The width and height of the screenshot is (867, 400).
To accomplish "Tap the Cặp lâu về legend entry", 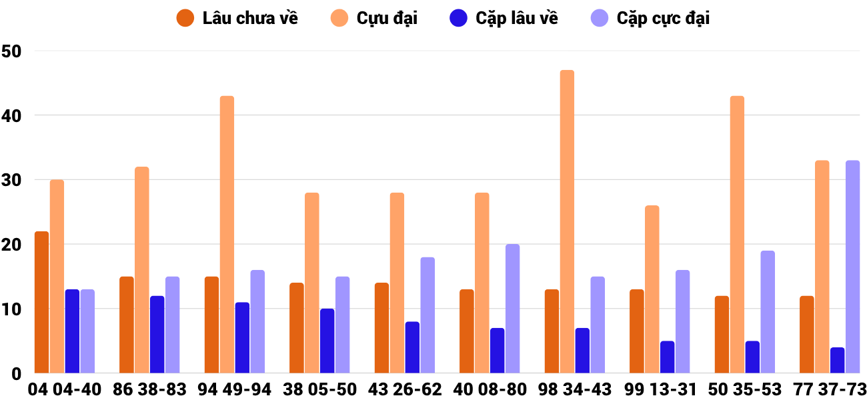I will (504, 18).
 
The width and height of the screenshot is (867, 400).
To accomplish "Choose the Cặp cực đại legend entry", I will (650, 18).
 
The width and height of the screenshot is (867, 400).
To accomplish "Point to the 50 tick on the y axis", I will (12, 51).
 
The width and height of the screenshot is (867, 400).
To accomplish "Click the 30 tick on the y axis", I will (12, 180).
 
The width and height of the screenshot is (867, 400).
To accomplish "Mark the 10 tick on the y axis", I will (12, 309).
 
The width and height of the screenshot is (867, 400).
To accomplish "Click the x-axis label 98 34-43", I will (575, 389).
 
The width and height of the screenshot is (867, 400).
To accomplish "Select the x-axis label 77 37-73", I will (830, 389).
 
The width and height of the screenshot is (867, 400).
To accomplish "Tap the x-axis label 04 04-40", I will (65, 389).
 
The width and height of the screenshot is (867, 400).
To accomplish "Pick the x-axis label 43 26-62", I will (405, 389).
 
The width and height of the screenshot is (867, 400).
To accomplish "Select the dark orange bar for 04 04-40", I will (42, 302).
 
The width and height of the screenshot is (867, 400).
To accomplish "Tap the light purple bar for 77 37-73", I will (852, 267).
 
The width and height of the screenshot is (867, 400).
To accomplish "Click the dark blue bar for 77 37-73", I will (837, 361).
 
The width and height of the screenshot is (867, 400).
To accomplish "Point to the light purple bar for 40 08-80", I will (512, 309).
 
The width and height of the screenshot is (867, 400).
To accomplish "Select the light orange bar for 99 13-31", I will (652, 289).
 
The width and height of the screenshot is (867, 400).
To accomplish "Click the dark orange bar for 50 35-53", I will (722, 335).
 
